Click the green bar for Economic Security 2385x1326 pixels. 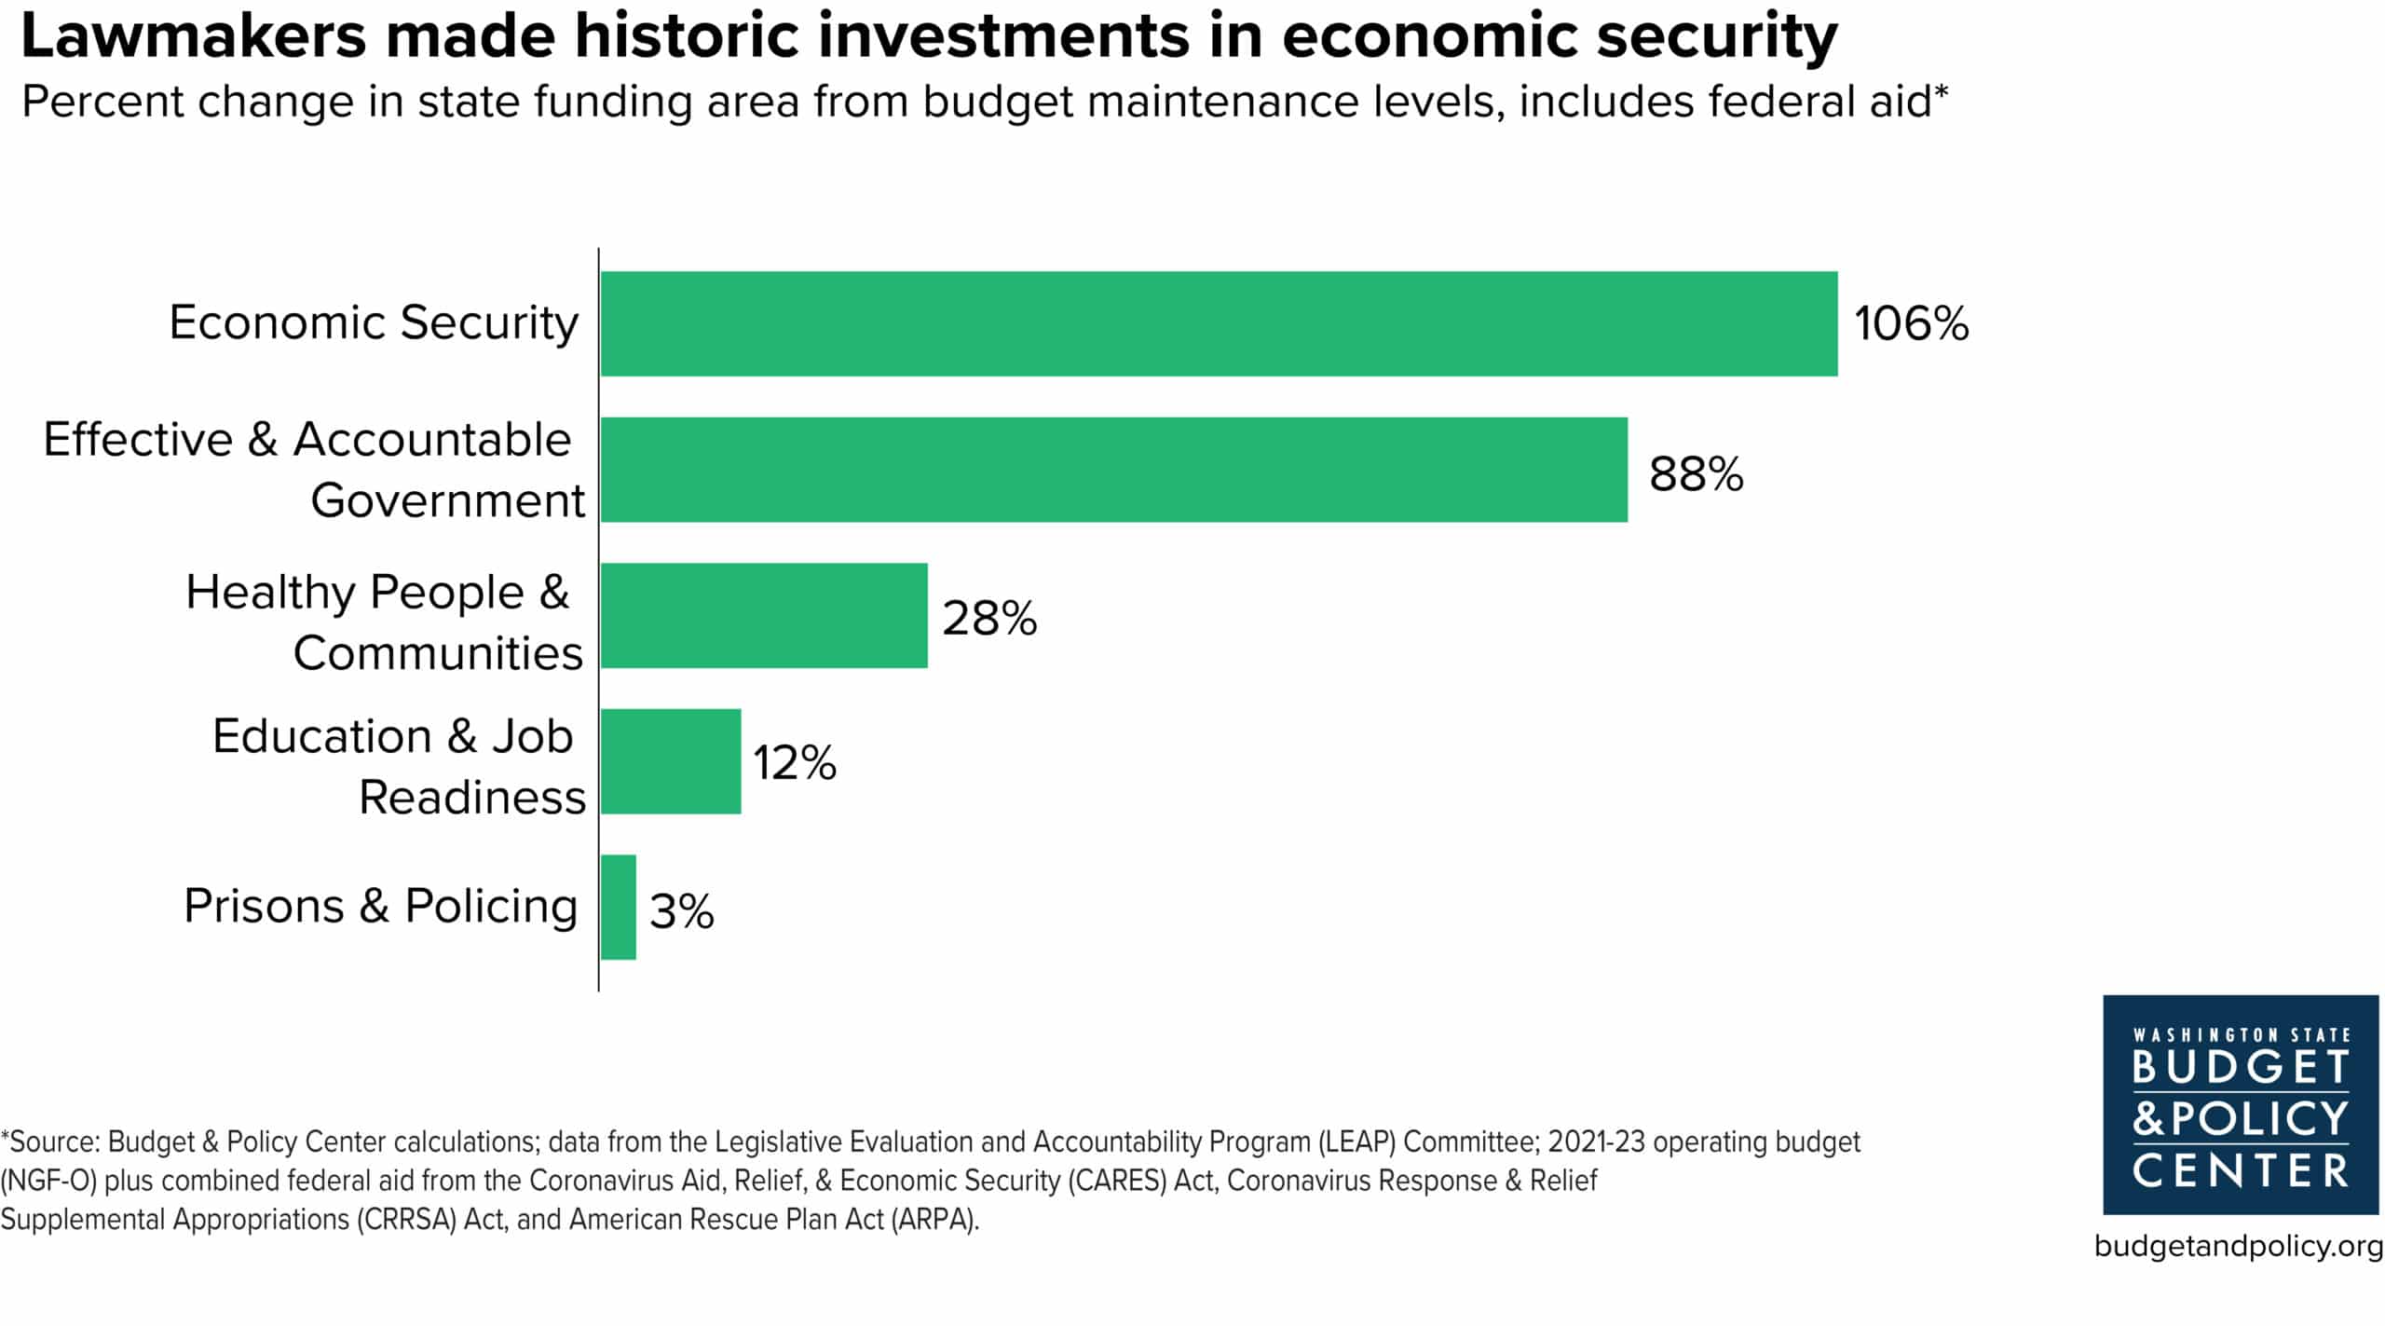coord(1219,323)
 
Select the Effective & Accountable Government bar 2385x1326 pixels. coord(1114,470)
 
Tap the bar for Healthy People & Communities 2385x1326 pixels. coord(764,615)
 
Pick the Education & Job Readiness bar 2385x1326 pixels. coord(671,761)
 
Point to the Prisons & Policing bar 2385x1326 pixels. coord(619,907)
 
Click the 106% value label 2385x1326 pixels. coord(1911,323)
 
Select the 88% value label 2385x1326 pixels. coord(1696,473)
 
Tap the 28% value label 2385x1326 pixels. coord(989,618)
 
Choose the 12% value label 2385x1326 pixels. coord(795,762)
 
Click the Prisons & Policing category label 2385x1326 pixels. coord(380,906)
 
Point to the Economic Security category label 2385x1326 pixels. coord(374,322)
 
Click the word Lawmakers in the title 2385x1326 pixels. coord(194,37)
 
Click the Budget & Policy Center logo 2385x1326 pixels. coord(2241,1105)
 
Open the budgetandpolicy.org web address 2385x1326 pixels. coord(2239,1246)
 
